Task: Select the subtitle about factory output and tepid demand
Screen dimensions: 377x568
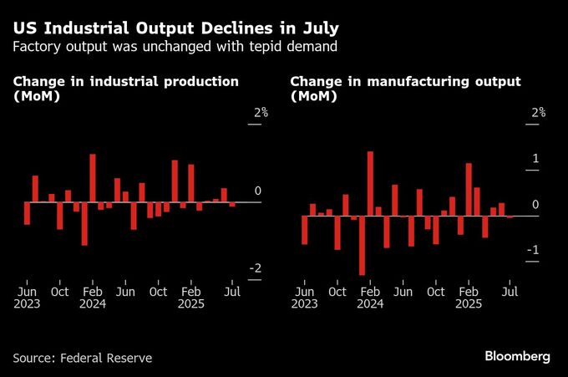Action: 175,46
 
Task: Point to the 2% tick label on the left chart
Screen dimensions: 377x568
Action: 254,113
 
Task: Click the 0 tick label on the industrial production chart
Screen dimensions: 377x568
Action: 257,191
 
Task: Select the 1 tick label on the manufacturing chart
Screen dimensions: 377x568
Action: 535,159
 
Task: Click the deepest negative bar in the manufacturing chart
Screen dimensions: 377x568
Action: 362,245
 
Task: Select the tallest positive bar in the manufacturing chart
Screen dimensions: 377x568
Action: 370,183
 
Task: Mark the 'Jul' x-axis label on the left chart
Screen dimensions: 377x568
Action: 233,292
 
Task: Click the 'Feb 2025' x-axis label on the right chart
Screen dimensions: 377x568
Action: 469,298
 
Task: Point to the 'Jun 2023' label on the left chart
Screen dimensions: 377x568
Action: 27,298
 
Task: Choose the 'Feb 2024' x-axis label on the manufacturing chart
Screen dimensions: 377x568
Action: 371,298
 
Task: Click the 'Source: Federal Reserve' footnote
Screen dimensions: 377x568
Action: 83,358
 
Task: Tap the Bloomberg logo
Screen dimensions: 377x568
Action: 517,357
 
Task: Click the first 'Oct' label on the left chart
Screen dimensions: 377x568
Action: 59,292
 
